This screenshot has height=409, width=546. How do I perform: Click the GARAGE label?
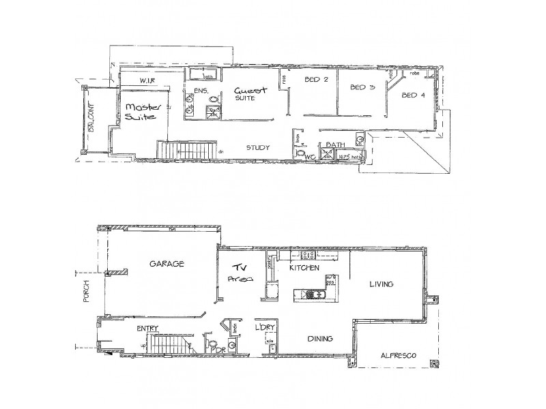[162, 264]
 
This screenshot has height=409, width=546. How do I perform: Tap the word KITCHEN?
[304, 269]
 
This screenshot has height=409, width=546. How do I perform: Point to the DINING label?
[320, 337]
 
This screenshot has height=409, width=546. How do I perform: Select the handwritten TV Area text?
[240, 272]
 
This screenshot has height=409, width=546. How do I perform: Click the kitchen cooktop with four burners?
[307, 256]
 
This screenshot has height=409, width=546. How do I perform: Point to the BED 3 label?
[362, 87]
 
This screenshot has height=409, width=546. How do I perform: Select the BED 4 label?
[413, 95]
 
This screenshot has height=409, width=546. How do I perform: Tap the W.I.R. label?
[149, 82]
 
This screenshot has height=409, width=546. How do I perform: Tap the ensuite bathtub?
[202, 75]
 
